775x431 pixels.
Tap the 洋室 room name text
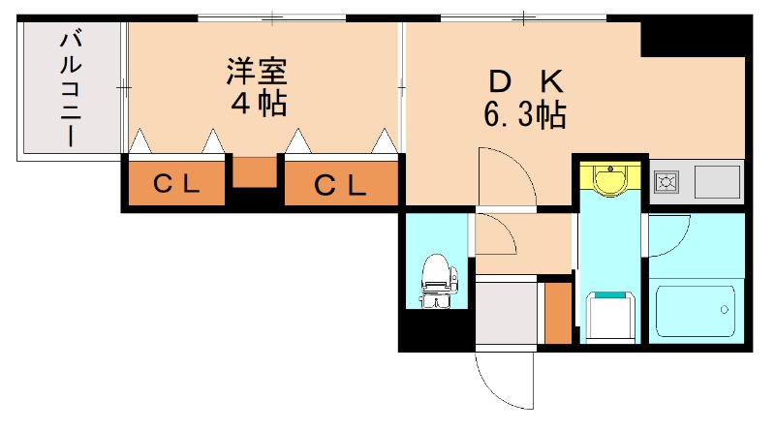click(x=257, y=72)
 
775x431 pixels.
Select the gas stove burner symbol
click(x=667, y=180)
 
